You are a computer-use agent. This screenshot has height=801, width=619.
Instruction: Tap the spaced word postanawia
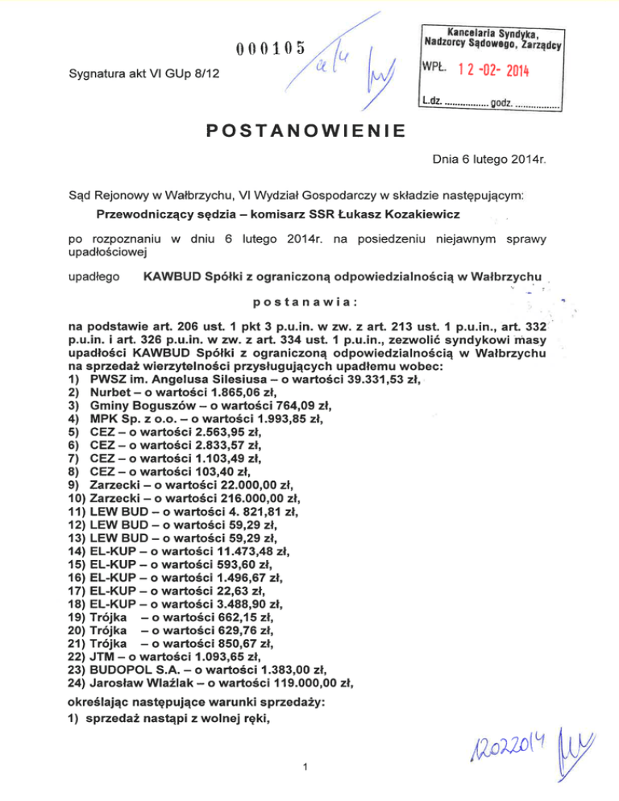tap(305, 303)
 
